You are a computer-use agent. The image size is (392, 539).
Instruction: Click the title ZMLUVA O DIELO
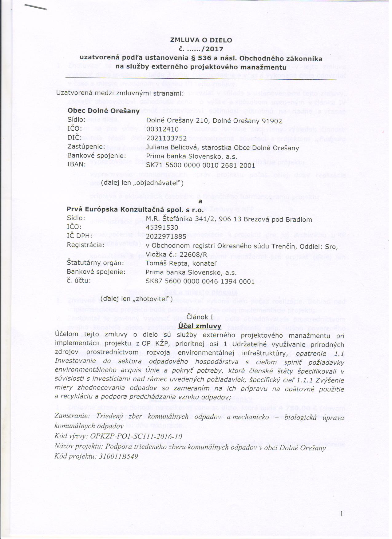[201, 40]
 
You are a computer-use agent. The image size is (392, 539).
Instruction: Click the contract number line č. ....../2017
[201, 49]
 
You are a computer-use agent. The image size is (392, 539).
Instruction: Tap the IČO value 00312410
[162, 129]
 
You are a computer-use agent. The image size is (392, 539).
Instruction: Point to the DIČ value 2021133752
[166, 138]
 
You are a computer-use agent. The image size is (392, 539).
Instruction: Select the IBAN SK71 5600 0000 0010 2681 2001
[200, 165]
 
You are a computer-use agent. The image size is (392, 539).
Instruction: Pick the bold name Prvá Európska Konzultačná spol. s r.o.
[135, 210]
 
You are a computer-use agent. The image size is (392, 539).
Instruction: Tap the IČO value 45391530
[162, 228]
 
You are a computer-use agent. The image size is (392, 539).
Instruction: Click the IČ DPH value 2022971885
[166, 236]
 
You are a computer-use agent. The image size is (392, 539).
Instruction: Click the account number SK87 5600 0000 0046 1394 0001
[200, 281]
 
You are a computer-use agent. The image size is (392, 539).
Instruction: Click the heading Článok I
[200, 317]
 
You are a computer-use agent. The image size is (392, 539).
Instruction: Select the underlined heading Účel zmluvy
[200, 326]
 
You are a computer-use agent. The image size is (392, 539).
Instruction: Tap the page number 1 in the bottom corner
[341, 513]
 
